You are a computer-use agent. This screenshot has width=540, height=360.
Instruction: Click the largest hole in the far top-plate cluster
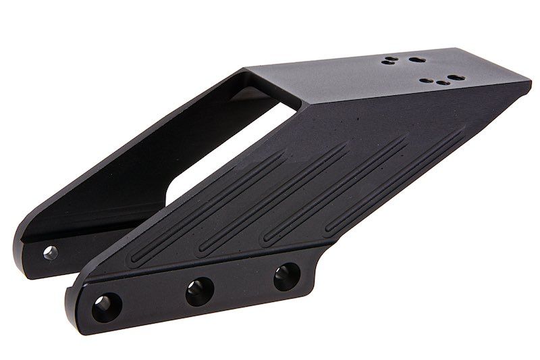click(414, 59)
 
